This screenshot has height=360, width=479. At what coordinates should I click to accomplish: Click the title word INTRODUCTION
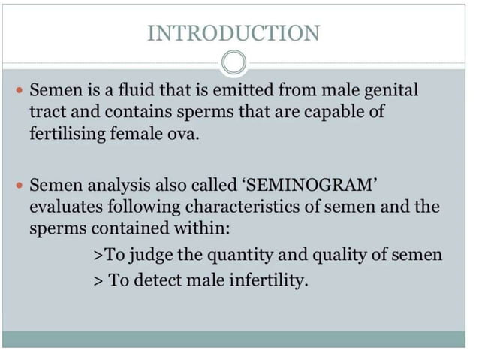(x=233, y=33)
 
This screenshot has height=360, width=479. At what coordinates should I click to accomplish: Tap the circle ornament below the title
(x=234, y=62)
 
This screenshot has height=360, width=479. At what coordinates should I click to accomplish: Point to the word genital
(x=390, y=92)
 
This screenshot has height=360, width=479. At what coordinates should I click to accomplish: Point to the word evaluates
(x=66, y=207)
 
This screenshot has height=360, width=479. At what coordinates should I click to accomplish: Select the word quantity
(x=239, y=254)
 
